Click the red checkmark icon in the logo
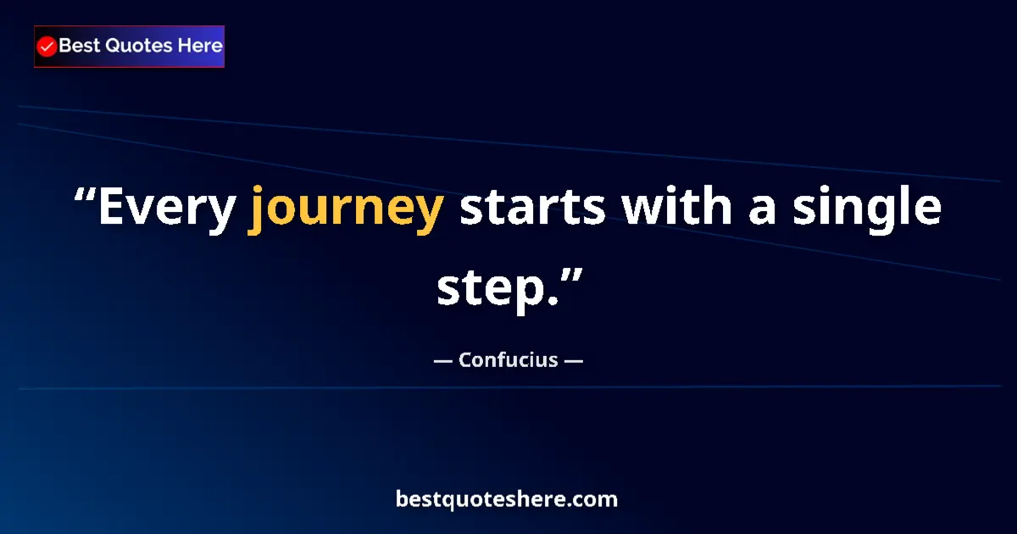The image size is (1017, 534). (47, 47)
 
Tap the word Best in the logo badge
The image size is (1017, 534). (79, 46)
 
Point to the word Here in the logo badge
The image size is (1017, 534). (200, 46)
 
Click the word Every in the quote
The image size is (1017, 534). (166, 209)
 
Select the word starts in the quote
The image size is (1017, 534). (532, 209)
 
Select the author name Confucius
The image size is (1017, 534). (508, 359)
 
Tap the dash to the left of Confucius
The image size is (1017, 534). (442, 360)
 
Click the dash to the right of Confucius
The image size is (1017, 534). (574, 360)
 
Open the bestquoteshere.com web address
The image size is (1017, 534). (507, 499)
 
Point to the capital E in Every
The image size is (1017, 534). (114, 208)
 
